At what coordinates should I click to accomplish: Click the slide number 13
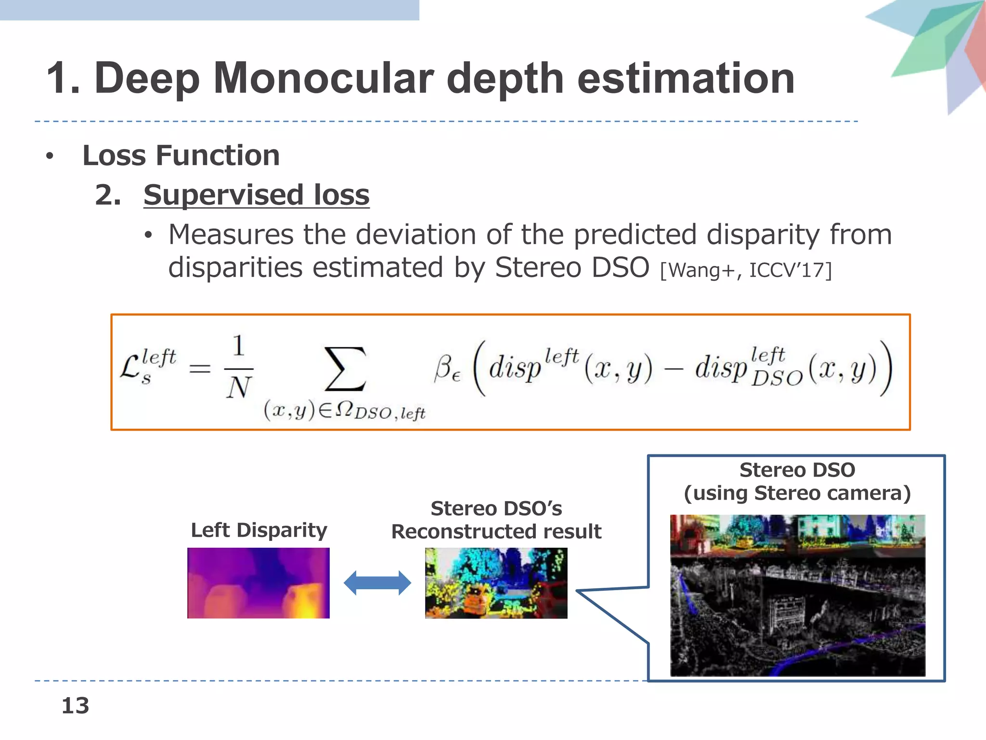coord(76,706)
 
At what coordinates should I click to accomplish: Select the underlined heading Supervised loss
coord(256,195)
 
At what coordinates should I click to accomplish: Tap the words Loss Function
coord(181,156)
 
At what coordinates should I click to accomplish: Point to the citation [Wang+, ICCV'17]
coord(745,270)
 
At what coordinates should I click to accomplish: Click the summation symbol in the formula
coord(345,369)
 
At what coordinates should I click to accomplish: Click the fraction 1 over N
coord(239,367)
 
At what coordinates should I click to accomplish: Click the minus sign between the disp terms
coord(674,370)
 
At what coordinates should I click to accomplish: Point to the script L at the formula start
coord(130,367)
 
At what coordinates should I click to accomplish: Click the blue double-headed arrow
coord(377,583)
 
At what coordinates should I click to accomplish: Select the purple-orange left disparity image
coord(259,583)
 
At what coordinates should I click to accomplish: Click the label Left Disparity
coord(259,530)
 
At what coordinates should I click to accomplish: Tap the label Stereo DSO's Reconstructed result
coord(496,520)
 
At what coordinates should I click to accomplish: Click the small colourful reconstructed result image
coord(496,583)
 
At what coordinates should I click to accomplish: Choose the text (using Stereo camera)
coord(797,493)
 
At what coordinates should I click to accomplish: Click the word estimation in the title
coord(686,79)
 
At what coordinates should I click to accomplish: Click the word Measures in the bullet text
coord(231,235)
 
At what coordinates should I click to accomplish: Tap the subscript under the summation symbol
coord(344,411)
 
